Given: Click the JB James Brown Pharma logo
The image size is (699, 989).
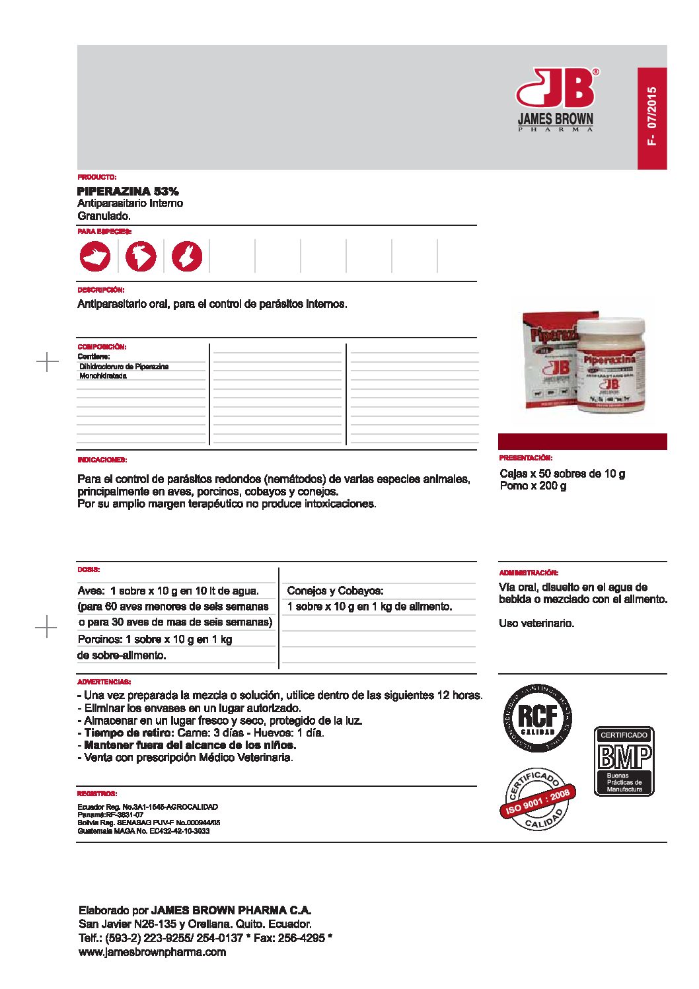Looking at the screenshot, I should (x=556, y=99).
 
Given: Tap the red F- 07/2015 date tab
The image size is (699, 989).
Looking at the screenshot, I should (x=652, y=118).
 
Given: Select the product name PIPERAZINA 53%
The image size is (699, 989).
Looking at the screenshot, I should (x=128, y=191).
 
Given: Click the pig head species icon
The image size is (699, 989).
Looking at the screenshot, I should (x=96, y=256).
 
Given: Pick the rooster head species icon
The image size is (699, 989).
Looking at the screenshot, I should (x=141, y=256).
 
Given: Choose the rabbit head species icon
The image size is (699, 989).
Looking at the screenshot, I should (x=187, y=256).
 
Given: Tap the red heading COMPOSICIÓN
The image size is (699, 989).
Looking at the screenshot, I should (x=102, y=347).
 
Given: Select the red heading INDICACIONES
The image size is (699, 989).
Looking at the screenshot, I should (x=102, y=460).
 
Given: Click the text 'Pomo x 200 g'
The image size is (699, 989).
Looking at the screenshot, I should (x=533, y=486).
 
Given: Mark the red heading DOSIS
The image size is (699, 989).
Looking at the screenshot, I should (x=89, y=569).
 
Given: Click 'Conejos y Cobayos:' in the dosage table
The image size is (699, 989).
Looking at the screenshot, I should (x=335, y=591).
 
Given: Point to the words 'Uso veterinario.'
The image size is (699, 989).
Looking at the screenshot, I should (x=536, y=623).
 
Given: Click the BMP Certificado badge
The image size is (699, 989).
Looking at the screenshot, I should (x=624, y=761).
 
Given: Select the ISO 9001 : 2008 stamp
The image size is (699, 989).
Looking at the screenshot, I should (x=537, y=799).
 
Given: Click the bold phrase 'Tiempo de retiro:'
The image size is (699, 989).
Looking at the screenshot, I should (x=129, y=733).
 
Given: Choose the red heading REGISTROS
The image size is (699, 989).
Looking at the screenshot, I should (x=97, y=793).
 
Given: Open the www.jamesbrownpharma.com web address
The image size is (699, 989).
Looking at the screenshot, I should (x=152, y=952).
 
